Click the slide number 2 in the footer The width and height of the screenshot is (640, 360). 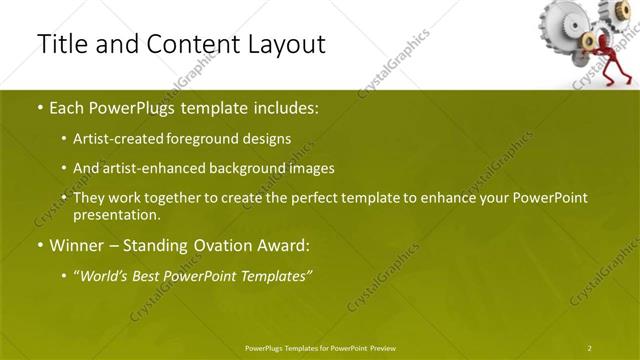(589, 348)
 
